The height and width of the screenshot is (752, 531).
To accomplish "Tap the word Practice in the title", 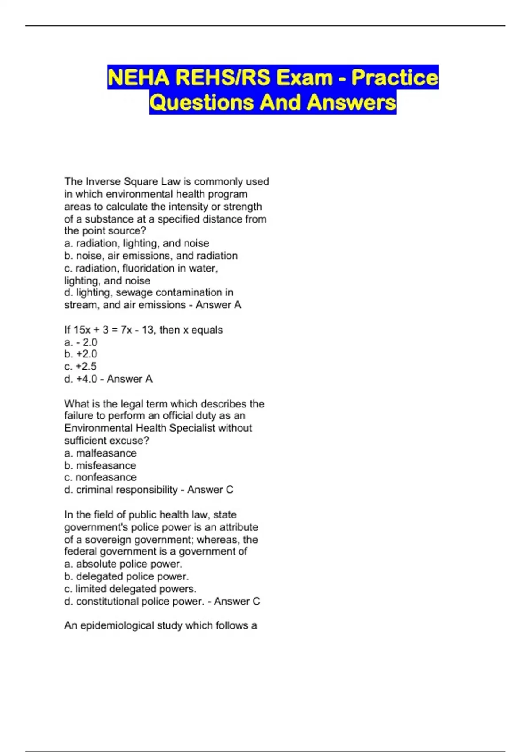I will click(x=395, y=77).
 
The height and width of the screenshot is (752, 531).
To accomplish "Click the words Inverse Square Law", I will click(x=133, y=181).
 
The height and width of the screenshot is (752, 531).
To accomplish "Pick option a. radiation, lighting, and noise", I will click(x=137, y=243).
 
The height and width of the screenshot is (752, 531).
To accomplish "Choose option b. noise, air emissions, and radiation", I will click(x=151, y=256).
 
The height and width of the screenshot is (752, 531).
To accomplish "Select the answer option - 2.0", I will click(x=87, y=342).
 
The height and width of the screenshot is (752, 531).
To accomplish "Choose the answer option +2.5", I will click(x=86, y=366).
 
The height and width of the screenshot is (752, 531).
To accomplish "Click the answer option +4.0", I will click(x=86, y=379).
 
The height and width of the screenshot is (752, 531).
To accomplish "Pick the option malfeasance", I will click(x=106, y=453).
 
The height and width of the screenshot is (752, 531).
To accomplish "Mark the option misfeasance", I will click(x=106, y=465).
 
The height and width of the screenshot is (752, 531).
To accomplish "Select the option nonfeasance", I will click(x=106, y=477).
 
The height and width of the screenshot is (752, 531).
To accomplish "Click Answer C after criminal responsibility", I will click(x=210, y=490).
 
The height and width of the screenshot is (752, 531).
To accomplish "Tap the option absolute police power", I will click(x=129, y=564).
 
